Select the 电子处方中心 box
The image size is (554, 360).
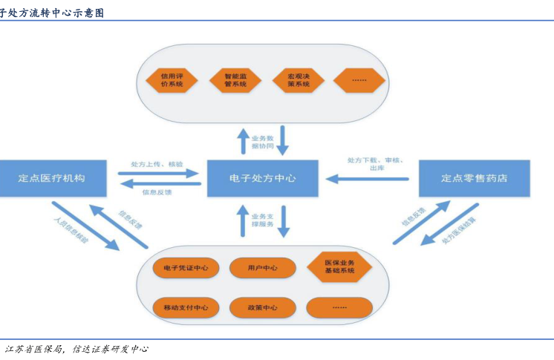262,178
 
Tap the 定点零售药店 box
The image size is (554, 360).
475,178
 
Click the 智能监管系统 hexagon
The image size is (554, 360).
235,79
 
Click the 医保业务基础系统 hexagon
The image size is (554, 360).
339,267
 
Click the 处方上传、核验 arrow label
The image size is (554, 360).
157,163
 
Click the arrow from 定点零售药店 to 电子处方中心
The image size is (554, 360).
368,178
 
